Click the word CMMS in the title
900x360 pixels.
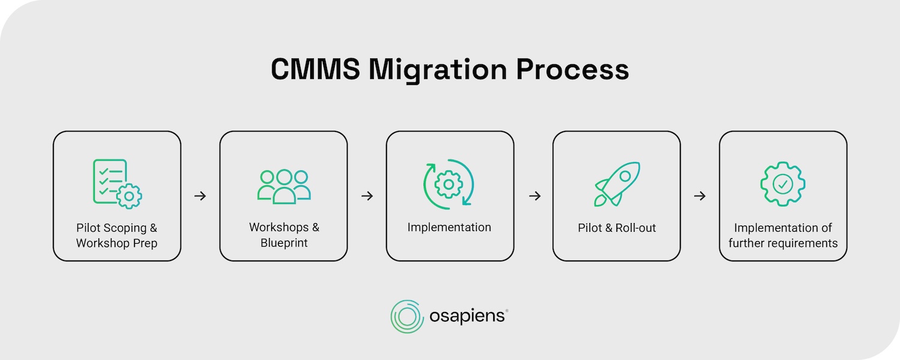click(315, 70)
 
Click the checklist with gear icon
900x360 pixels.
click(117, 184)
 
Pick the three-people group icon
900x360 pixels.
click(284, 186)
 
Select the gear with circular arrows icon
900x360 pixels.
click(449, 184)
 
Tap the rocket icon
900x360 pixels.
click(617, 184)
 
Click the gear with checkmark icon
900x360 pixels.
click(783, 184)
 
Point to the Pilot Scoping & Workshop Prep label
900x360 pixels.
click(117, 236)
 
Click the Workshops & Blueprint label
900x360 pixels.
click(284, 235)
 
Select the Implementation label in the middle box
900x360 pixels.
click(449, 227)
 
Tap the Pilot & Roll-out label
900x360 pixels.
click(617, 228)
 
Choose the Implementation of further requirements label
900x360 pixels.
click(783, 236)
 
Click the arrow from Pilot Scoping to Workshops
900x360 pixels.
click(200, 196)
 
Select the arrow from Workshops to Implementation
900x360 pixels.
click(367, 196)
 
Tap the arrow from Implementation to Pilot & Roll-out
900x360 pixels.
click(534, 196)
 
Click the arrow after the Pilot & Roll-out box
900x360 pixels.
click(700, 196)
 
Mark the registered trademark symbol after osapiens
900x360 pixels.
click(507, 311)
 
